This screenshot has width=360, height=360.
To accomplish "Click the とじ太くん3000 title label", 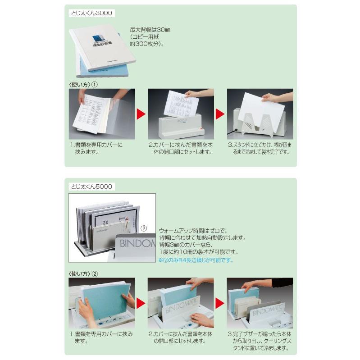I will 92,14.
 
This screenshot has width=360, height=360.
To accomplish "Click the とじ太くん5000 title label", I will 92,186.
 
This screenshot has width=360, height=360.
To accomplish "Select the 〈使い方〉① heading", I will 83,84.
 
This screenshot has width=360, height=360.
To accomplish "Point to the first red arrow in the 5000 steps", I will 141,302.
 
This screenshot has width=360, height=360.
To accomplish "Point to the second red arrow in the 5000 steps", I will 220,302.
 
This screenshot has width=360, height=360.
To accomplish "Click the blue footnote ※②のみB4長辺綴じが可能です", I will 196,260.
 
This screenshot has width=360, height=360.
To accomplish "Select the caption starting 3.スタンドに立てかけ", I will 259,148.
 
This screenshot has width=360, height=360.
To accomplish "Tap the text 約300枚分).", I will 146,45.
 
